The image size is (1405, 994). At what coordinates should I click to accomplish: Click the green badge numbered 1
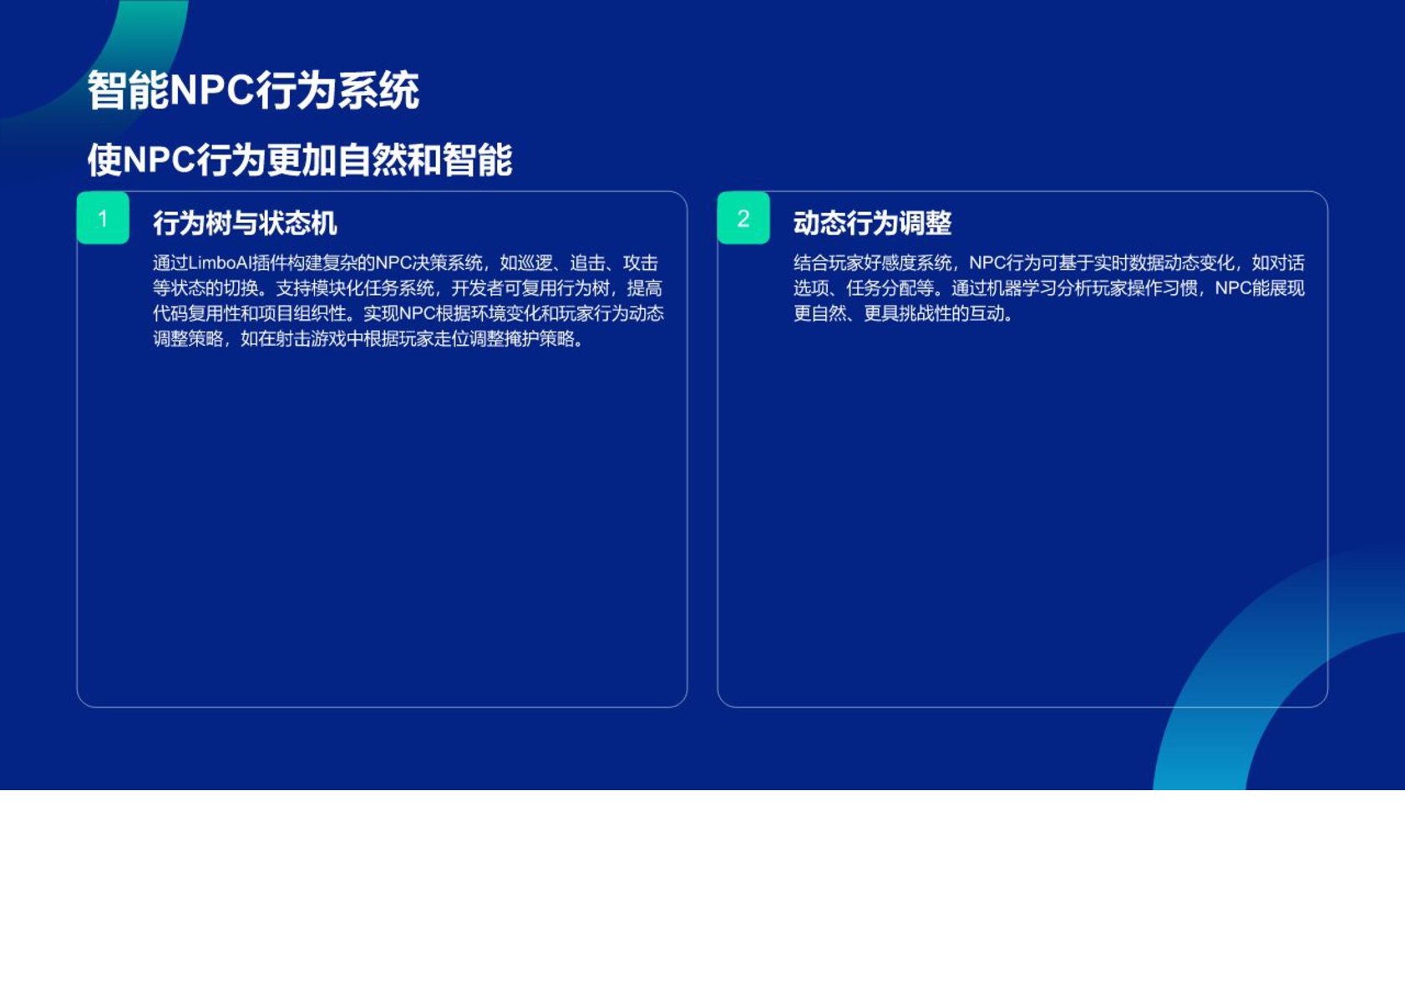[x=103, y=218]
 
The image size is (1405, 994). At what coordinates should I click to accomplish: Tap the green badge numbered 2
[x=743, y=218]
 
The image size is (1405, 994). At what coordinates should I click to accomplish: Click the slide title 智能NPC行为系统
[x=253, y=90]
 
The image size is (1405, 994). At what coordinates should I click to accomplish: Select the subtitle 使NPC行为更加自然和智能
[x=300, y=160]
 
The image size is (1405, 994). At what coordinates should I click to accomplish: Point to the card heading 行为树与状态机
[x=245, y=223]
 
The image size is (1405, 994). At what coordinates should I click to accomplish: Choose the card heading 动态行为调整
[x=872, y=223]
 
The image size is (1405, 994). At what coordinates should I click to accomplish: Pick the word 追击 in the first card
[x=587, y=263]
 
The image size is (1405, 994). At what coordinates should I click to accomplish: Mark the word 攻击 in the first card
[x=641, y=263]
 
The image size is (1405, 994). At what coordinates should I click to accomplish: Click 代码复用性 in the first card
[x=197, y=313]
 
